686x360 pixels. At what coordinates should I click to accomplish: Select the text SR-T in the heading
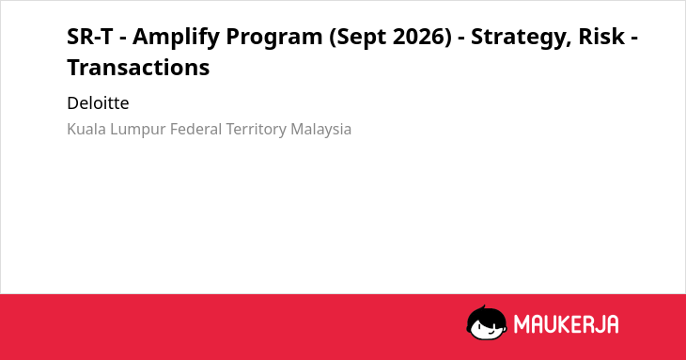(x=90, y=37)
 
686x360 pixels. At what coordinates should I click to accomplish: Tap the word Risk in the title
(x=601, y=37)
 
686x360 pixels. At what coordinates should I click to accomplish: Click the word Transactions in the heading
(x=138, y=68)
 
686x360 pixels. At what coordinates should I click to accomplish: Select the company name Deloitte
(x=98, y=103)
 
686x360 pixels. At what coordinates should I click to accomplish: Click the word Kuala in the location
(x=86, y=129)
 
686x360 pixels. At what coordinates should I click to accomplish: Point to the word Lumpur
(x=138, y=130)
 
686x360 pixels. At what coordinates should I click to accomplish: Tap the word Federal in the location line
(x=196, y=129)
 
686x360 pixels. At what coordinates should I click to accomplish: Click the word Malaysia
(x=320, y=130)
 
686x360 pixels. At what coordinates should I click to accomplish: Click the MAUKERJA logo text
(x=566, y=324)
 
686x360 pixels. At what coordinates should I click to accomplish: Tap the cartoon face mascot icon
(x=487, y=322)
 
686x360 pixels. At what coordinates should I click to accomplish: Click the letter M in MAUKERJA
(x=521, y=324)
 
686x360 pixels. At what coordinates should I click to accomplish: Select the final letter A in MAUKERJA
(x=612, y=324)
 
